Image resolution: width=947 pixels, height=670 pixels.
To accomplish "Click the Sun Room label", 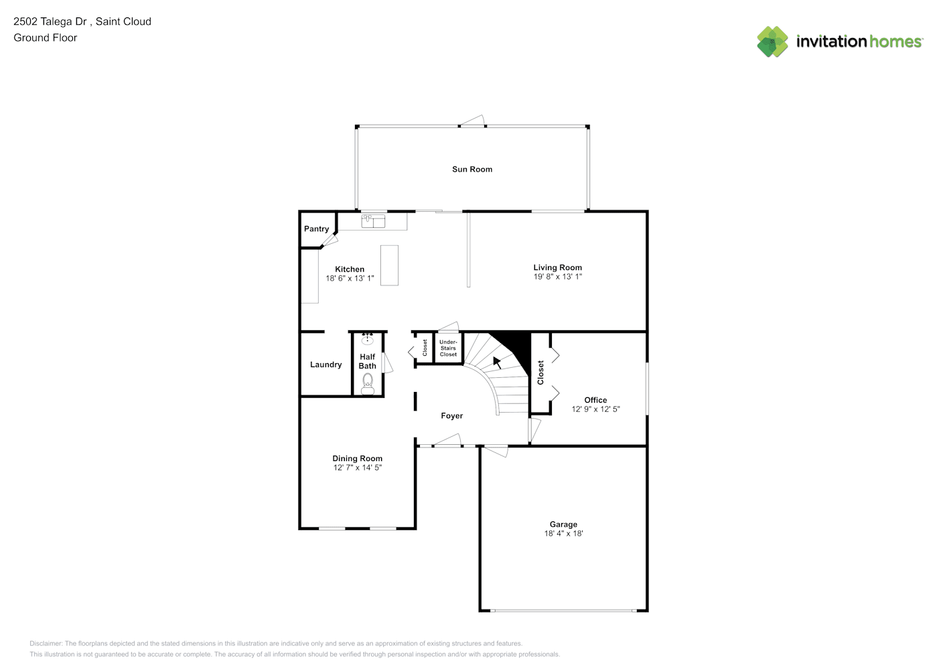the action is pos(471,170).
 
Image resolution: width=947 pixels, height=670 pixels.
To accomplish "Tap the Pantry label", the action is pos(316,229).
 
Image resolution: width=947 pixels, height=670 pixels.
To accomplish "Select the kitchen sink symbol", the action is pos(373,221).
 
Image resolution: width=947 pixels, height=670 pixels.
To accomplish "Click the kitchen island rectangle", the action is pos(389,265).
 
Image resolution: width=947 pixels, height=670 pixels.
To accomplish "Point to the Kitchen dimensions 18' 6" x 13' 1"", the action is pos(350,278).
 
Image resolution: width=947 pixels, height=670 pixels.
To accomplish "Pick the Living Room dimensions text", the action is pos(558,277).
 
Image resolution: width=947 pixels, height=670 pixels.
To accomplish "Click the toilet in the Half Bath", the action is pos(368,384).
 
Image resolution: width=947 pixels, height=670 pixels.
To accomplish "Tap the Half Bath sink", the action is pos(367,339).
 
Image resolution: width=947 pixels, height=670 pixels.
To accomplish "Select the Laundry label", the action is pos(325,364).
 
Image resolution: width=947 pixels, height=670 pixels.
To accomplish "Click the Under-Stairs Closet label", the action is pos(448,348).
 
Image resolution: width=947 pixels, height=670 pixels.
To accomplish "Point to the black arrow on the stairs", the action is pos(497,362).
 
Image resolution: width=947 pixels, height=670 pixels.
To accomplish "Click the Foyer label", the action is pos(451,416).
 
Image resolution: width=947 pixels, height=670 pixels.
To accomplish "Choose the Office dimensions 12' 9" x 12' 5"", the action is pos(595,409).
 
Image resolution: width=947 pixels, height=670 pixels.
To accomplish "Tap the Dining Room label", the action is pos(357,458).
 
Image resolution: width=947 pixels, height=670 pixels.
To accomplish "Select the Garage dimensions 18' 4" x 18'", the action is pos(563,533).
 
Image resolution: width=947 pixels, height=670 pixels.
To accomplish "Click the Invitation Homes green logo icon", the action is pos(772,42).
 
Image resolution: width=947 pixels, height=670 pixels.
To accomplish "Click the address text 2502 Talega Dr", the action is pos(50,21).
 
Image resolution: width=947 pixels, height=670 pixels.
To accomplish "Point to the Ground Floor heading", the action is pos(46,38).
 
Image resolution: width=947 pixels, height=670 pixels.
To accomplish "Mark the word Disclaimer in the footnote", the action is pos(46,643).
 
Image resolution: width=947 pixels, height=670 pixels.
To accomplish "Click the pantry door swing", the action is pos(330,241).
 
